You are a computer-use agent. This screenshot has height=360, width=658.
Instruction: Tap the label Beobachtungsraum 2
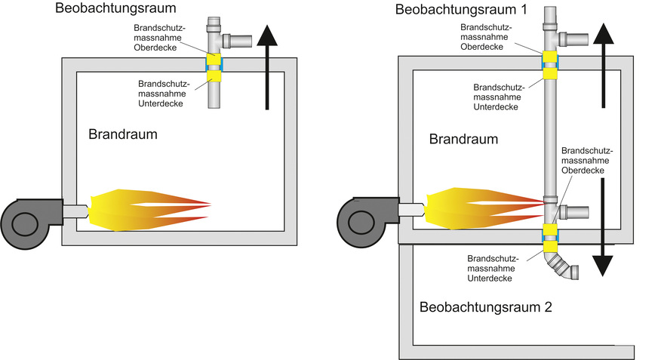(486, 307)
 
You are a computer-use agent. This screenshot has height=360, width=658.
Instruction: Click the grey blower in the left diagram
(30, 219)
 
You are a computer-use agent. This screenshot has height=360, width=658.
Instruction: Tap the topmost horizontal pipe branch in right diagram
(574, 38)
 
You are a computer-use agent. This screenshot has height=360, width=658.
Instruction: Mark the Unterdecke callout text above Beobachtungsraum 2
(490, 267)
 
